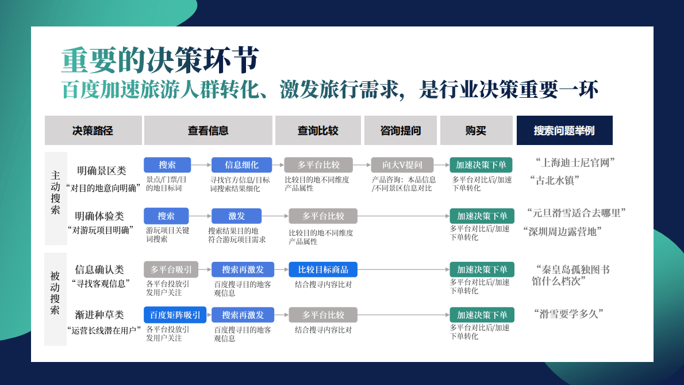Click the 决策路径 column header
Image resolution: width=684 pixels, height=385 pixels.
[x=93, y=131]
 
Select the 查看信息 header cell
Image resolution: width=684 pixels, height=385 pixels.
[x=208, y=131]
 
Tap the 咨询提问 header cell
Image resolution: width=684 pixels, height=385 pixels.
[x=401, y=131]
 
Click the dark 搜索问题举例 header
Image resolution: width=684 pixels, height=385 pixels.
[x=564, y=131]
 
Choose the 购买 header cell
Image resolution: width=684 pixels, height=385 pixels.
[x=476, y=131]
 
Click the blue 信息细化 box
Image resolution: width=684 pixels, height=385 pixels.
[x=242, y=165]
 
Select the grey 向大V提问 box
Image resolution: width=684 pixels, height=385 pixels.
[x=402, y=165]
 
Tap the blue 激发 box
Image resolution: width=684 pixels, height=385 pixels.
[x=237, y=216]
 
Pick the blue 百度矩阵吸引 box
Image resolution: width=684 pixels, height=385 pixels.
[x=175, y=315]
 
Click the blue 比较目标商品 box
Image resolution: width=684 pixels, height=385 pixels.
[x=323, y=269]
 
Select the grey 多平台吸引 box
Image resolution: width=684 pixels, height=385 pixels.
[x=171, y=269]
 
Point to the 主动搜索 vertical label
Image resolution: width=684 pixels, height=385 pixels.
[x=55, y=192]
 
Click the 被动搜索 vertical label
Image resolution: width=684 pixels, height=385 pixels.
[x=55, y=293]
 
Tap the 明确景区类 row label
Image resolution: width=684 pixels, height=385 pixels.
[x=102, y=171]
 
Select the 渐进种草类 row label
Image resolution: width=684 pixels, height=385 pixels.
[x=99, y=315]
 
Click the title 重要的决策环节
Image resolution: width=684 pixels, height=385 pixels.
[x=160, y=59]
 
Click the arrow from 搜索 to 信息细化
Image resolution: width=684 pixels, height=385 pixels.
[x=201, y=165]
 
